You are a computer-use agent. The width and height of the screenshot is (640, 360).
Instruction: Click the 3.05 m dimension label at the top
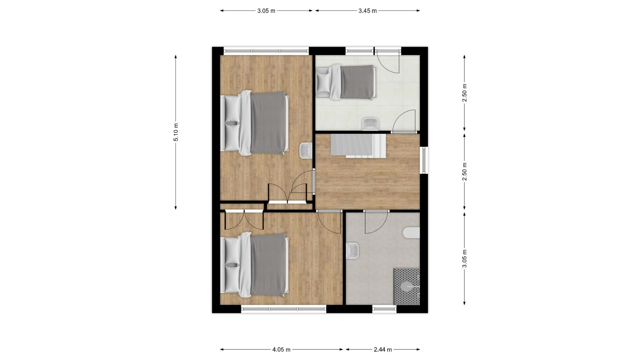[266, 11]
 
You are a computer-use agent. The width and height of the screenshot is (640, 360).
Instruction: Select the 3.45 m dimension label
[368, 11]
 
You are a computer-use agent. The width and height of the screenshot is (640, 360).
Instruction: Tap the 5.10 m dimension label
[176, 132]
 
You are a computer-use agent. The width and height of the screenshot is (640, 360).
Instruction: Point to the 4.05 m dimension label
[281, 350]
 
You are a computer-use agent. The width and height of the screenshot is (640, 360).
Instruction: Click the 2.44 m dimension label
[383, 350]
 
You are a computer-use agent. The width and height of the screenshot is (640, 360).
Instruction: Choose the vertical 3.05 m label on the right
[465, 258]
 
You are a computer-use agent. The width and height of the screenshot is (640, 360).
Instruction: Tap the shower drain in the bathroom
[408, 286]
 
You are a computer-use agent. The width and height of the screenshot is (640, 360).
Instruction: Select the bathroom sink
[352, 251]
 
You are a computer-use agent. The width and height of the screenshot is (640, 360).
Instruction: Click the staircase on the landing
[358, 145]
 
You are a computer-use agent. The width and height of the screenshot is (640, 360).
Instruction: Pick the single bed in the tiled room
[346, 82]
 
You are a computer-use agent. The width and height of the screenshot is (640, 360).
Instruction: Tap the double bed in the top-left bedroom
[255, 123]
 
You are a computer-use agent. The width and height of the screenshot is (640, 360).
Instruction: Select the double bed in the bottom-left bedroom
[255, 265]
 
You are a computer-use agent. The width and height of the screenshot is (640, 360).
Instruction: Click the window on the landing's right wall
[424, 160]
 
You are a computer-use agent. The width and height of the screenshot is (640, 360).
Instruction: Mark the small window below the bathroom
[384, 309]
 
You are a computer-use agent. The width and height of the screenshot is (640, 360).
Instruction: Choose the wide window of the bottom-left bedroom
[283, 309]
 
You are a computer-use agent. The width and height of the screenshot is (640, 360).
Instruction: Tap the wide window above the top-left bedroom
[266, 51]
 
